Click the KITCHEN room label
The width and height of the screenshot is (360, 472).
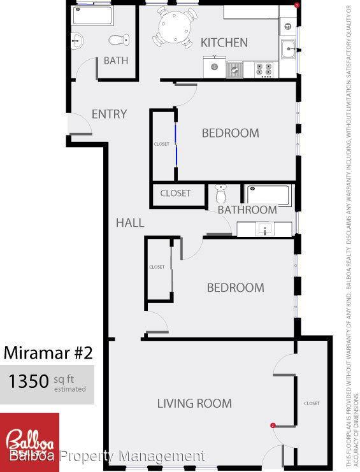tap(224, 43)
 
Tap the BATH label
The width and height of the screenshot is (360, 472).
tap(116, 61)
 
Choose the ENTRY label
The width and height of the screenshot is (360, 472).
tap(109, 114)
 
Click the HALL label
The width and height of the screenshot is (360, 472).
tap(129, 222)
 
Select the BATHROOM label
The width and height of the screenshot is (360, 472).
tap(247, 210)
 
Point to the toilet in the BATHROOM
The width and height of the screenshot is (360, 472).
tap(220, 192)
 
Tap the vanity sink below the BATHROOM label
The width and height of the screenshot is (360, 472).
tap(264, 228)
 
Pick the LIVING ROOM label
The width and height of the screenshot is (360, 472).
tap(194, 403)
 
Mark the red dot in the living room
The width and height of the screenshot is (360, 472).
tap(273, 425)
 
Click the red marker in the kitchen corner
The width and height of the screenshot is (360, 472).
tap(296, 5)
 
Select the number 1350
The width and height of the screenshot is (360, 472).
tap(28, 382)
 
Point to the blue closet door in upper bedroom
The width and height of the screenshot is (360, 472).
tap(175, 145)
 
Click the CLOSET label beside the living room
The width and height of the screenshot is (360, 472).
tap(312, 403)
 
